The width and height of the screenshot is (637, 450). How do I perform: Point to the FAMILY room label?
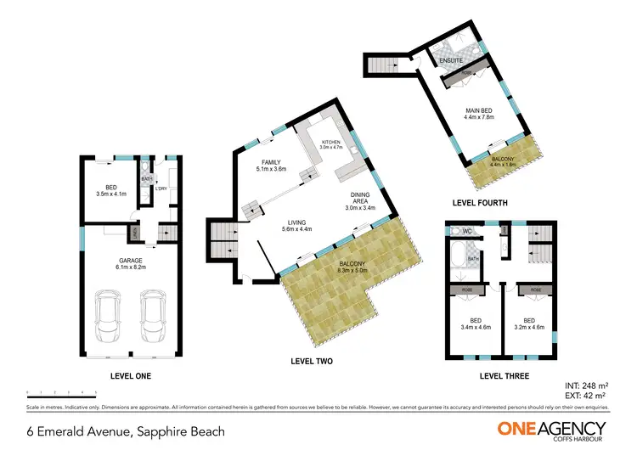(x=271, y=162)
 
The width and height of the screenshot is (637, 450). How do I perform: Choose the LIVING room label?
(x=296, y=222)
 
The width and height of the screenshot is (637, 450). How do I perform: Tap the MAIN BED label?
(x=479, y=111)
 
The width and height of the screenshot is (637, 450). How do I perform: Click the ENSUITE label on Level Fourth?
(x=450, y=61)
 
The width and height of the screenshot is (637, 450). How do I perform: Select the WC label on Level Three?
(x=467, y=230)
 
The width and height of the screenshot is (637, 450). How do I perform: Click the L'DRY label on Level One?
(x=161, y=188)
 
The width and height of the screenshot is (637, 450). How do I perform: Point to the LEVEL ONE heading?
(x=131, y=374)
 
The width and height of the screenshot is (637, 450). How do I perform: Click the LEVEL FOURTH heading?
(x=481, y=203)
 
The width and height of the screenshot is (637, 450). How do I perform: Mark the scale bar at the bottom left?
(x=61, y=392)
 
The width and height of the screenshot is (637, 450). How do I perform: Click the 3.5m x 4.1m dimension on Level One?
(x=111, y=194)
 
